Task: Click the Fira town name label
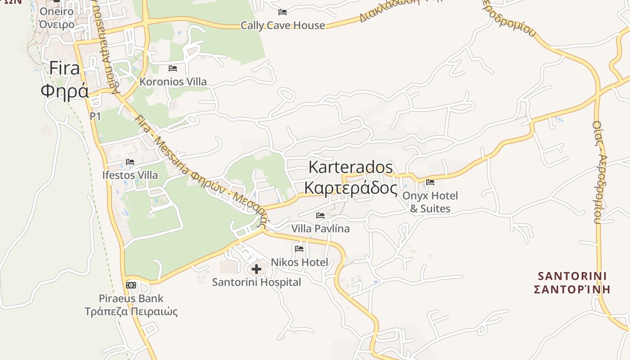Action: pyautogui.click(x=64, y=68)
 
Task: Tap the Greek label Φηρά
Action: pyautogui.click(x=64, y=90)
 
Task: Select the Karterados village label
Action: pyautogui.click(x=351, y=167)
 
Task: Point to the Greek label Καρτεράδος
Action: pyautogui.click(x=351, y=188)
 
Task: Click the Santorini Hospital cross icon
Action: pyautogui.click(x=256, y=269)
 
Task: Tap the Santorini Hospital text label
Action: pyautogui.click(x=256, y=282)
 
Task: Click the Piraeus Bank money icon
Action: pyautogui.click(x=131, y=285)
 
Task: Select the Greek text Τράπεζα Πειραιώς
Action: pyautogui.click(x=131, y=311)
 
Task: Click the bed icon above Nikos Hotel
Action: pyautogui.click(x=299, y=248)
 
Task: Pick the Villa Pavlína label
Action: pyautogui.click(x=320, y=229)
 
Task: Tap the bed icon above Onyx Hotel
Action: pyautogui.click(x=430, y=182)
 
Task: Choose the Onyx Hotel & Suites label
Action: pyautogui.click(x=430, y=202)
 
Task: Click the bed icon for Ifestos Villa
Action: pyautogui.click(x=130, y=162)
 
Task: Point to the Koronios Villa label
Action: pyautogui.click(x=173, y=81)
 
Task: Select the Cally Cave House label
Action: pyautogui.click(x=283, y=25)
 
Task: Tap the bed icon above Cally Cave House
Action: pyautogui.click(x=283, y=12)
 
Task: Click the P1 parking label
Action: pyautogui.click(x=95, y=116)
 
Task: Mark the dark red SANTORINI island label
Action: pyautogui.click(x=572, y=275)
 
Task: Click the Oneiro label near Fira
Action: pyautogui.click(x=57, y=11)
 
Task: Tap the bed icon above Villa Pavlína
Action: pyautogui.click(x=320, y=216)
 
